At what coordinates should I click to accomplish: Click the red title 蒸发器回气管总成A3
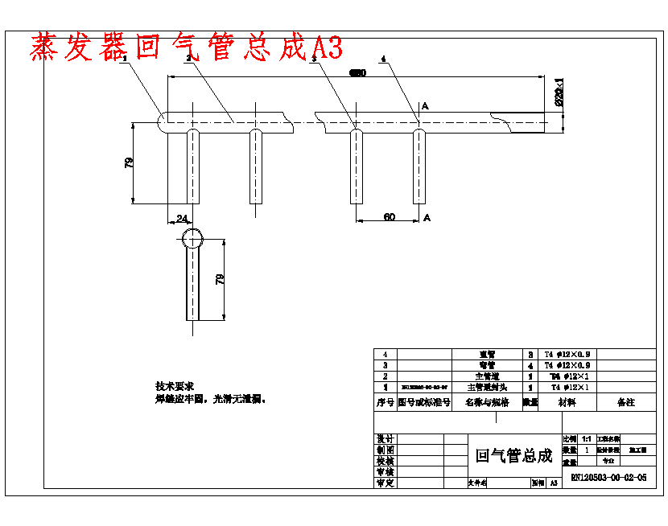tap(187, 48)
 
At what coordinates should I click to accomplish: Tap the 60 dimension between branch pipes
tap(389, 217)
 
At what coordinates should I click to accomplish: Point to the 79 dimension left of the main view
tap(129, 162)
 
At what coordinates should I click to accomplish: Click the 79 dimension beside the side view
tap(219, 279)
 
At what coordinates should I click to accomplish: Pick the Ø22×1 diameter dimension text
tap(559, 92)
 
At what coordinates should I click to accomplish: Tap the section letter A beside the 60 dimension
tap(427, 217)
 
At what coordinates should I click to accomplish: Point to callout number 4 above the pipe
tap(383, 59)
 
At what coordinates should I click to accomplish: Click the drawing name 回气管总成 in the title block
tap(514, 456)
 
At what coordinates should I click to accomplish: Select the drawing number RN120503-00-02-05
tap(608, 477)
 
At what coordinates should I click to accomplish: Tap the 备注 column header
tap(625, 402)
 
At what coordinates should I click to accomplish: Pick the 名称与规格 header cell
tap(487, 402)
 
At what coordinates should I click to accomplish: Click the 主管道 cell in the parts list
tap(488, 376)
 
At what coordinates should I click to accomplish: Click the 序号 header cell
tap(386, 402)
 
